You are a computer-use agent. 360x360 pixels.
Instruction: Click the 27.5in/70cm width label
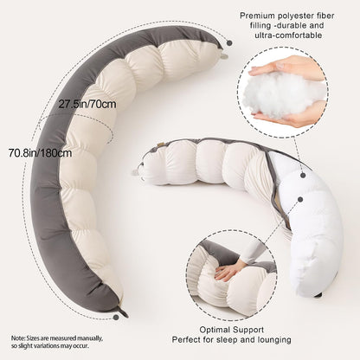87,104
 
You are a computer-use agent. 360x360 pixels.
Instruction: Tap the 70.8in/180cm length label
40,152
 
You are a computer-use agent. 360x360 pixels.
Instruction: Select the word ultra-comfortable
288,35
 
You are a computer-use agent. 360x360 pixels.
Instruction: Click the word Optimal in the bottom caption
215,330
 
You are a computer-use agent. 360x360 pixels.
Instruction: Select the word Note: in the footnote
18,338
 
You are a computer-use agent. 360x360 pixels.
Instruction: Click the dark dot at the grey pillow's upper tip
229,43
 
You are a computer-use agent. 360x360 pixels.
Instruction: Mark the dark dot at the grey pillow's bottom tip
116,318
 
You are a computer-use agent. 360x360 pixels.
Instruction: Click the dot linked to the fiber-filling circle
303,175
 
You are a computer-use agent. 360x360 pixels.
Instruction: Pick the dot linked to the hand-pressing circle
300,199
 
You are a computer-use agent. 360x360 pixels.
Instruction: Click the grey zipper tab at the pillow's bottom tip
124,312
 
